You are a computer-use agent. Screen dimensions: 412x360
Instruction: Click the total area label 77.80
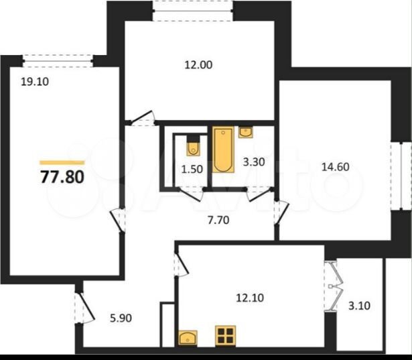[62, 177]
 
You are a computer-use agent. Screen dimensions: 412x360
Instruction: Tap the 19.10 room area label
[35, 82]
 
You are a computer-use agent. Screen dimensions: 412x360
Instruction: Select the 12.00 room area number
[198, 64]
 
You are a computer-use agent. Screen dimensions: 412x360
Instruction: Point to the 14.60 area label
[336, 167]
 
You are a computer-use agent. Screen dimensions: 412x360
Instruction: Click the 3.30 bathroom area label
[253, 162]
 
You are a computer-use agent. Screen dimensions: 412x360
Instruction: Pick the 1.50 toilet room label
[192, 169]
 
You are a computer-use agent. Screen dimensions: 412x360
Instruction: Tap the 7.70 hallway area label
[218, 220]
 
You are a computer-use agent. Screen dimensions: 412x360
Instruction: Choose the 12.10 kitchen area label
[250, 298]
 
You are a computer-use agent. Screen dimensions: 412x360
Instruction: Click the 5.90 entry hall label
[121, 318]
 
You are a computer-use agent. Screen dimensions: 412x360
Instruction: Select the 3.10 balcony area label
[359, 306]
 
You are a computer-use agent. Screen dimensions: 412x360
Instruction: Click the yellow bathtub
[223, 149]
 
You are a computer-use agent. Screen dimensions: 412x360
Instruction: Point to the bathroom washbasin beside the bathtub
[246, 132]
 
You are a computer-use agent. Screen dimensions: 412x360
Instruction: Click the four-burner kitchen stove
[226, 335]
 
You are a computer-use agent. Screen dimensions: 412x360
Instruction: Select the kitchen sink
[188, 337]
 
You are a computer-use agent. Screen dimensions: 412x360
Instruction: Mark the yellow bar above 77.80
[62, 162]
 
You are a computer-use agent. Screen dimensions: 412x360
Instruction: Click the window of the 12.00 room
[193, 11]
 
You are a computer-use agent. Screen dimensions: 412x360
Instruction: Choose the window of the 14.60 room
[401, 176]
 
